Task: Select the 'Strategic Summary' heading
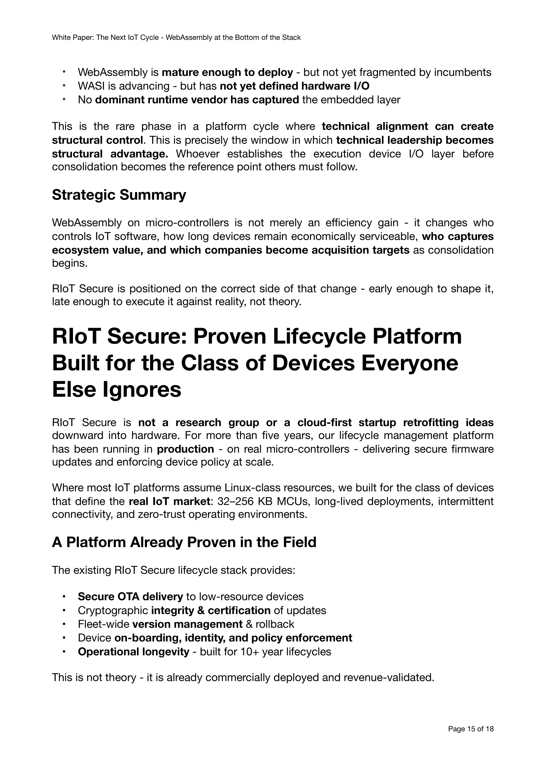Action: (119, 195)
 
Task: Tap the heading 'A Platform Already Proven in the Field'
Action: (184, 542)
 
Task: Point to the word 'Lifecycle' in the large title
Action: (319, 336)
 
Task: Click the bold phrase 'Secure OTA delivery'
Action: (130, 596)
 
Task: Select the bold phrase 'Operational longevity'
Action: (133, 652)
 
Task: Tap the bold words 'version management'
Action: (187, 624)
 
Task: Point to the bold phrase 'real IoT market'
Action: (169, 501)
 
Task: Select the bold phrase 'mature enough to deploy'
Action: (227, 72)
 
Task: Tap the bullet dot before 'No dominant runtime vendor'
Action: (63, 100)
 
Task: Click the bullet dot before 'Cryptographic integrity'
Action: (63, 610)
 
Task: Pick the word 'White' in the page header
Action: (60, 38)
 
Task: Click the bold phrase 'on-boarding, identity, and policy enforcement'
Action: (233, 638)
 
